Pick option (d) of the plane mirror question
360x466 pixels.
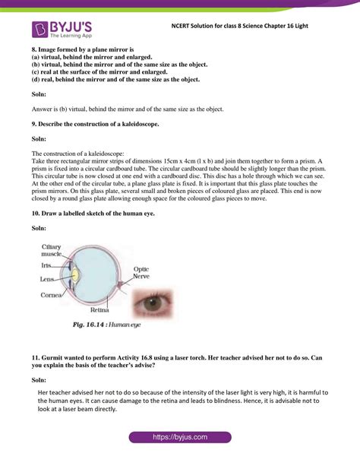(x=114, y=80)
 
